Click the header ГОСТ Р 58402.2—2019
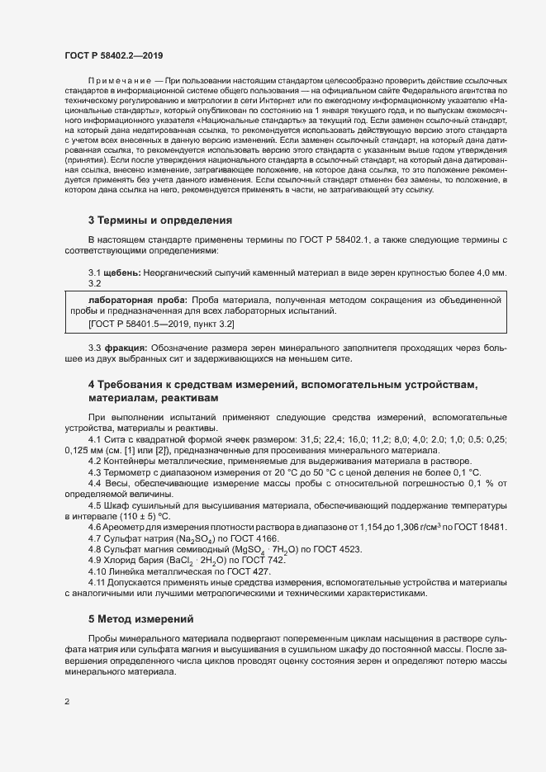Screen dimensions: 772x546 [113, 55]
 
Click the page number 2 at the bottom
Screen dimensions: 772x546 [67, 702]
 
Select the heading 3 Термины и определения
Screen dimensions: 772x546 [159, 220]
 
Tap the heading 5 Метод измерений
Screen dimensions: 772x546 [140, 618]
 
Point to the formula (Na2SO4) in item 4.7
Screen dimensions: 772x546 [187, 538]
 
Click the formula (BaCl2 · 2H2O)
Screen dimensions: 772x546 [192, 560]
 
